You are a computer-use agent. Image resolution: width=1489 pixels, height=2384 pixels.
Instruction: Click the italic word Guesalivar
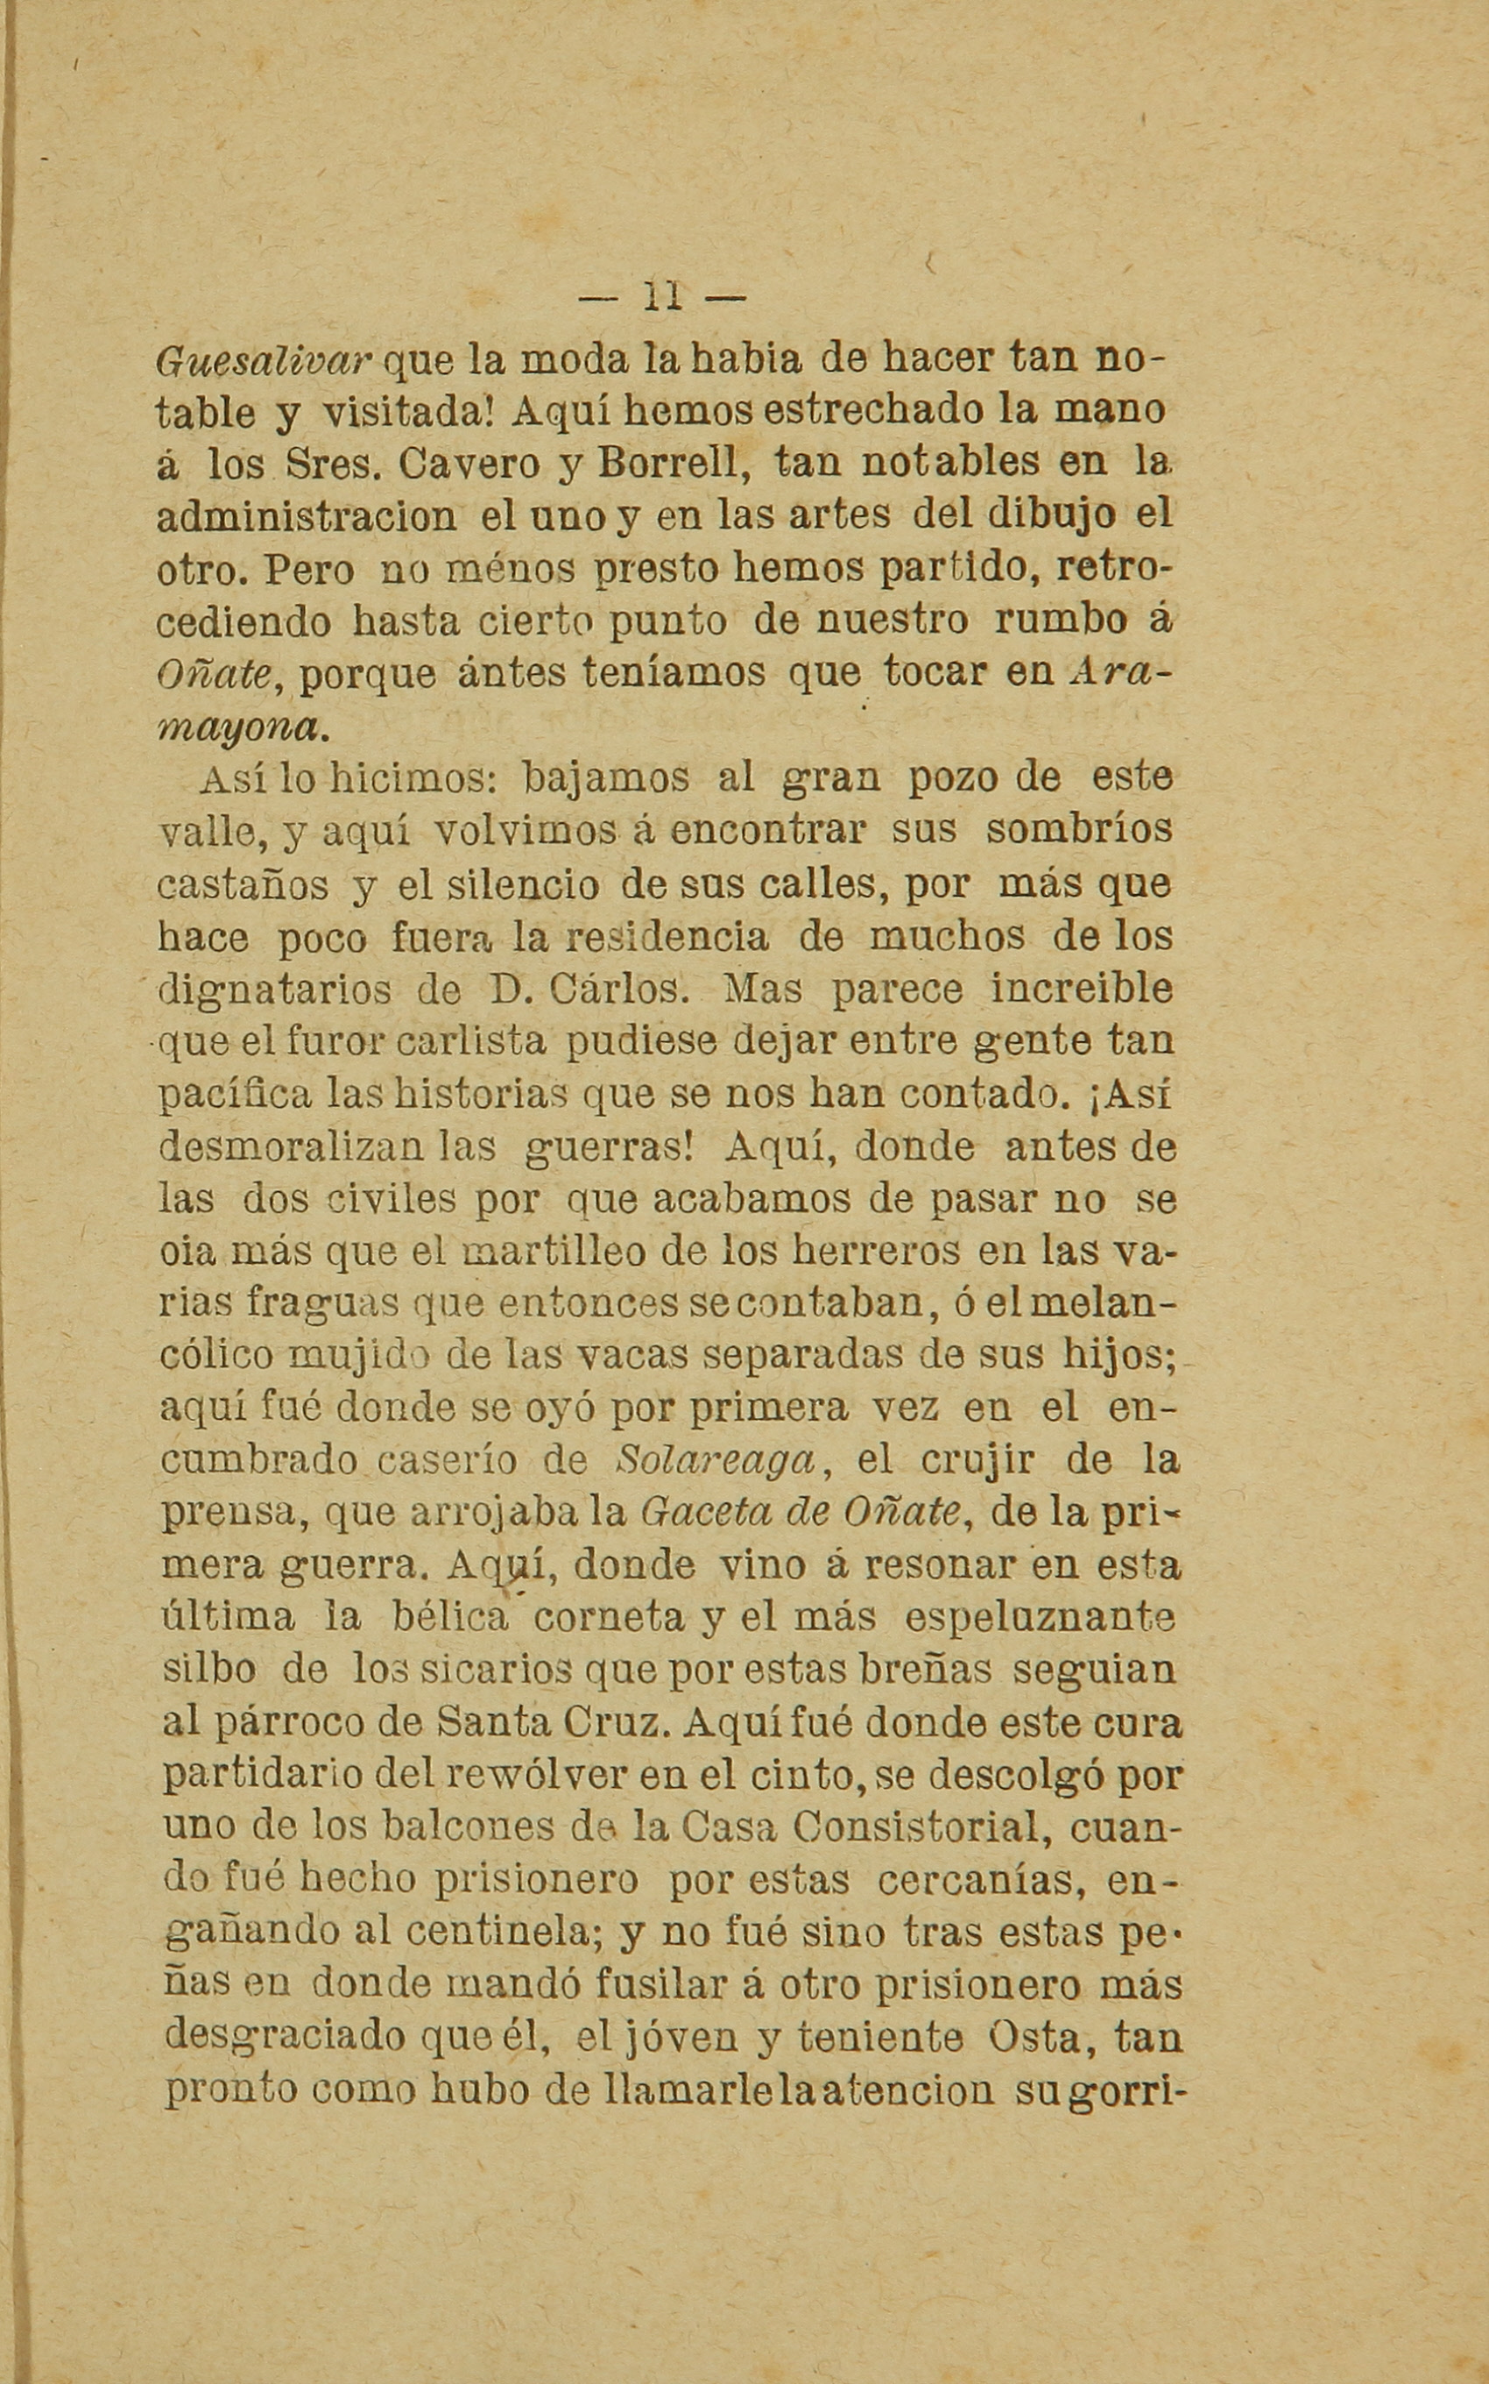262,361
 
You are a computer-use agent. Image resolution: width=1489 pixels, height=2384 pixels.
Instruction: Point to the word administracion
306,516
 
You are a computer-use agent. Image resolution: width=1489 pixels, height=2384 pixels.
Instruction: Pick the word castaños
243,885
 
